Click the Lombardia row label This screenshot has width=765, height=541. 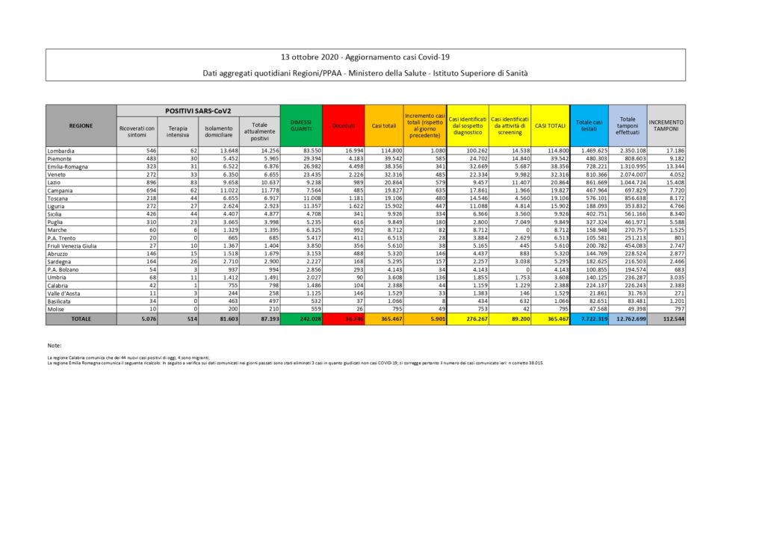(x=59, y=150)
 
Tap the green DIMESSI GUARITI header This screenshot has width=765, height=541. (x=301, y=125)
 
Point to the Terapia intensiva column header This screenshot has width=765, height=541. (x=178, y=131)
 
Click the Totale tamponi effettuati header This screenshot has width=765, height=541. (x=628, y=125)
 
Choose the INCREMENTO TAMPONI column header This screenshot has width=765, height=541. (x=666, y=125)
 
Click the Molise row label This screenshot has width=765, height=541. (x=56, y=309)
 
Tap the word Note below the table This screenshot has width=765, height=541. (x=53, y=345)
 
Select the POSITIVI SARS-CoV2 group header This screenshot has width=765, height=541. (x=198, y=110)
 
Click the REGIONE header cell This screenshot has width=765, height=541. (x=81, y=125)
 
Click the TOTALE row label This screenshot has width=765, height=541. (x=81, y=318)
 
